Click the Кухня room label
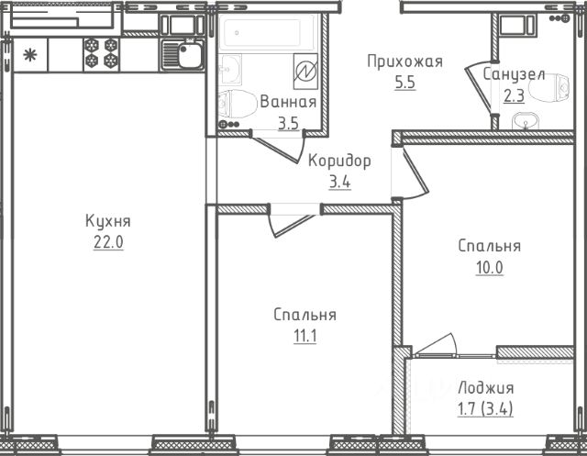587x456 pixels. pos(108,221)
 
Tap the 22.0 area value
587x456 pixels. pos(108,242)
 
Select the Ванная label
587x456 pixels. pos(288,102)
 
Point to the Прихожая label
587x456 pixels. pos(404,61)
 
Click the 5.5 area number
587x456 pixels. pos(405,82)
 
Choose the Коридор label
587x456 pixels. pos(339,161)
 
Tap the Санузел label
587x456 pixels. pos(514,74)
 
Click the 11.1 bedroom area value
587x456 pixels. pos(305,336)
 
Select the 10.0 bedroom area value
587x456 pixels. pos(489,267)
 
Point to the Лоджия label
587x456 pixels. pos(485,388)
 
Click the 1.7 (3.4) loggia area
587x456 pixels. pos(485,408)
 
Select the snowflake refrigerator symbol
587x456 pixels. pos(30,55)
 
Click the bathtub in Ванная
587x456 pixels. pos(267,33)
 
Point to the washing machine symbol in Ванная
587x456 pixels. pos(305,72)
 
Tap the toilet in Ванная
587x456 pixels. pos(237,104)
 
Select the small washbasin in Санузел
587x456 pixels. pos(526,121)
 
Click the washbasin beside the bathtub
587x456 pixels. pos(230,69)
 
